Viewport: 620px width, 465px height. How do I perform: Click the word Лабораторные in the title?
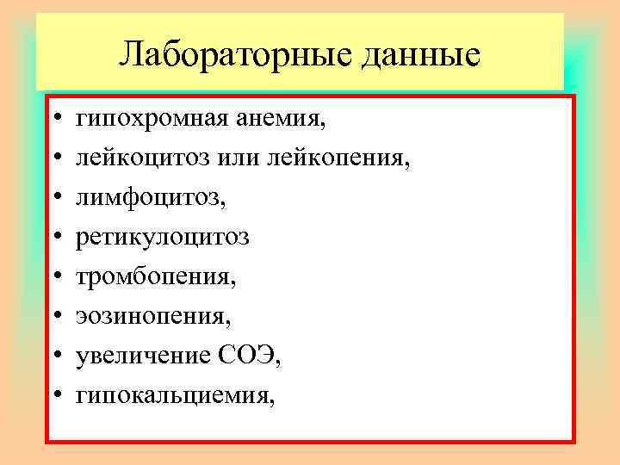click(227, 54)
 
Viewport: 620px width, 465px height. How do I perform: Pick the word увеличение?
click(146, 356)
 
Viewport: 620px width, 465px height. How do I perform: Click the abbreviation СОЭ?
click(253, 356)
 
